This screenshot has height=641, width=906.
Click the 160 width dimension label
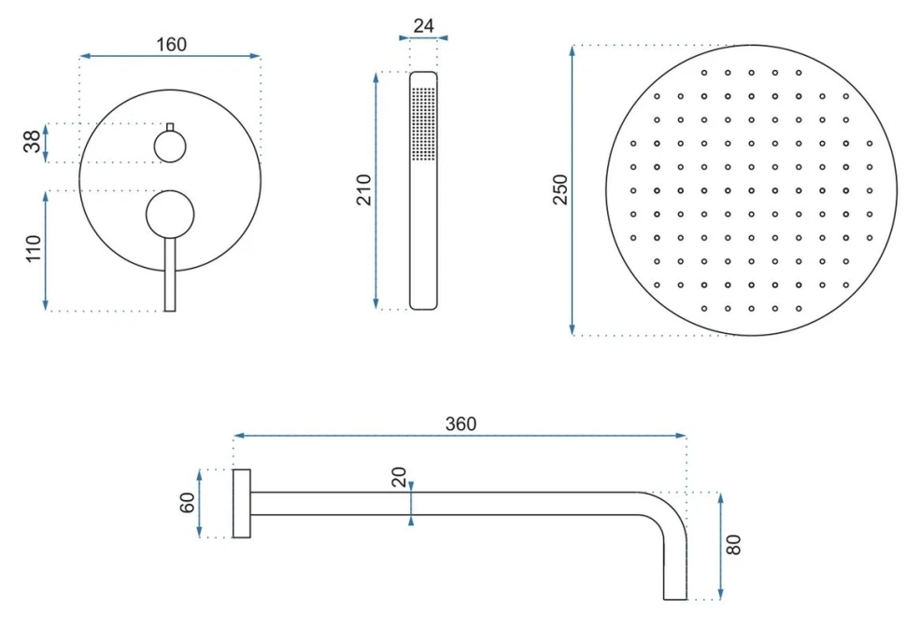click(x=172, y=45)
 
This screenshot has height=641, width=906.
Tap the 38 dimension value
click(x=33, y=141)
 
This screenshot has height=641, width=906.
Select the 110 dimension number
click(x=34, y=249)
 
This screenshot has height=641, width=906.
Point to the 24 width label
click(x=423, y=25)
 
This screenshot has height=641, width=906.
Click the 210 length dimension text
click(x=364, y=189)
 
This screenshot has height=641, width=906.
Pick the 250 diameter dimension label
click(x=560, y=189)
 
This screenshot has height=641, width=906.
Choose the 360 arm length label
click(x=460, y=424)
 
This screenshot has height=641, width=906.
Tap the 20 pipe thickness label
click(x=399, y=477)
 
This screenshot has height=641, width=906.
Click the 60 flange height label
click(x=187, y=503)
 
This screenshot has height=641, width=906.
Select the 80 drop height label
click(x=733, y=545)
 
